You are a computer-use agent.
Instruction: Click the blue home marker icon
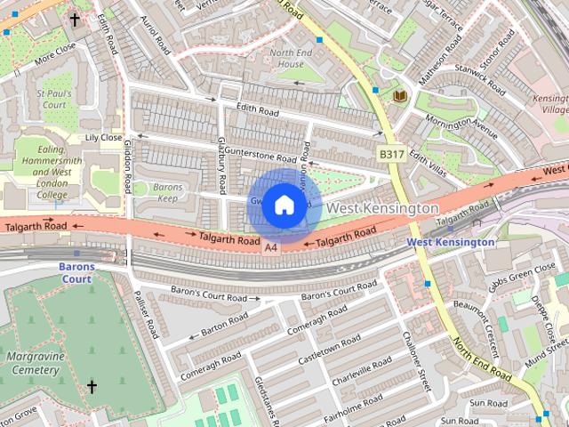[283, 205]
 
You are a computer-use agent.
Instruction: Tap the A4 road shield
[271, 246]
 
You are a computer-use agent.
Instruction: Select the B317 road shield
[390, 154]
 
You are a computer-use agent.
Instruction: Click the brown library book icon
[399, 94]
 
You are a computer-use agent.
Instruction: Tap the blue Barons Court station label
[76, 272]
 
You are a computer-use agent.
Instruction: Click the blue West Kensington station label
[451, 242]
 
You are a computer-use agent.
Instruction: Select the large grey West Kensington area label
[382, 207]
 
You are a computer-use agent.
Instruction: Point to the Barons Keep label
[167, 193]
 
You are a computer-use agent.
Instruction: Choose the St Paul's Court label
[51, 98]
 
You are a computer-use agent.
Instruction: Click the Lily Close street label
[103, 138]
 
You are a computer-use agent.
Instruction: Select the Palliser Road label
[144, 315]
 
